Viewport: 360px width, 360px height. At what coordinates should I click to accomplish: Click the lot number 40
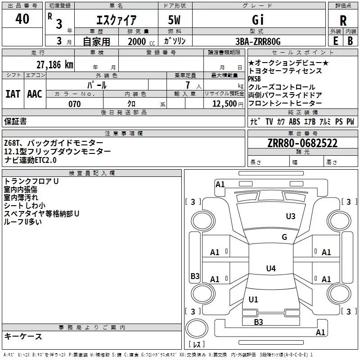click(x=22, y=19)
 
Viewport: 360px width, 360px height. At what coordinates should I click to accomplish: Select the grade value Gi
click(x=257, y=20)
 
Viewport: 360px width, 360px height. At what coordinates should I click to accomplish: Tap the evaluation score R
click(x=343, y=21)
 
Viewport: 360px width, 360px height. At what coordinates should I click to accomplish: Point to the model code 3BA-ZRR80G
click(x=257, y=41)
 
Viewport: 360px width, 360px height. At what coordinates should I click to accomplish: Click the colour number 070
click(x=74, y=104)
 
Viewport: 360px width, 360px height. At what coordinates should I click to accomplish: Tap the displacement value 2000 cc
click(x=138, y=41)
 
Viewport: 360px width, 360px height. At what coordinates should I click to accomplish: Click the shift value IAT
click(x=13, y=94)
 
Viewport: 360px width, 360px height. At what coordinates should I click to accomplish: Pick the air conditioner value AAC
click(x=34, y=94)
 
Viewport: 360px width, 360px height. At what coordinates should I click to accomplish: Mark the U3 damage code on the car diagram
click(x=291, y=216)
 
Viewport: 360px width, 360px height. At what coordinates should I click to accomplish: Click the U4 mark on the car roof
click(x=270, y=269)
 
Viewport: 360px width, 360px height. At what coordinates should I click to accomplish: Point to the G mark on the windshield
click(x=284, y=237)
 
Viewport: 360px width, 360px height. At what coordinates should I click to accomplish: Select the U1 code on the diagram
click(x=253, y=299)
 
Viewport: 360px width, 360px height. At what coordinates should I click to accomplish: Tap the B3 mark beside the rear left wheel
click(x=195, y=276)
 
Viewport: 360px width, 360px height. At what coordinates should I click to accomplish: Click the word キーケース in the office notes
click(x=23, y=337)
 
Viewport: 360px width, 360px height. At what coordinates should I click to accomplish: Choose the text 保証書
click(x=15, y=121)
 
